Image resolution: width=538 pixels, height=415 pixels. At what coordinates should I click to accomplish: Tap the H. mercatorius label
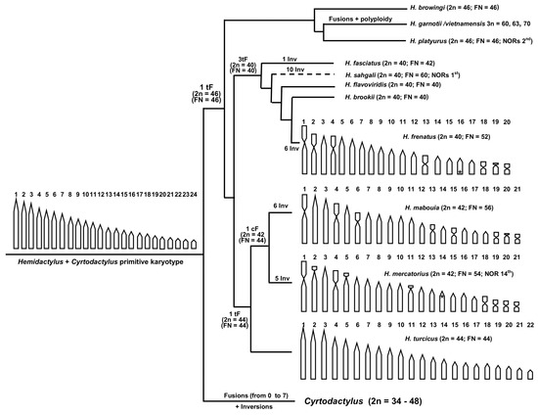coord(414,275)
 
